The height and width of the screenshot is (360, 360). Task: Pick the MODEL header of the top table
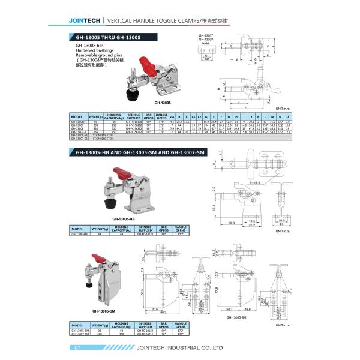coord(77,116)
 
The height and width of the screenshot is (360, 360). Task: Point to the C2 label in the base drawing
coord(207,59)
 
